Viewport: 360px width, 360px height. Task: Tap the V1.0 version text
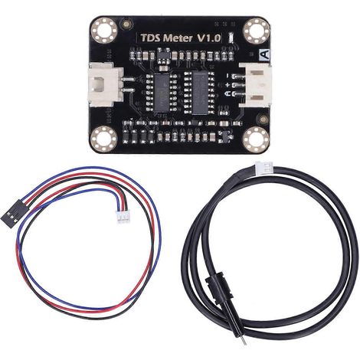[209, 38]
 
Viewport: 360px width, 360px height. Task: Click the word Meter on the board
[178, 38]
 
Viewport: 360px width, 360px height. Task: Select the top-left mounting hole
[104, 30]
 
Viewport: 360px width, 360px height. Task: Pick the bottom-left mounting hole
[104, 139]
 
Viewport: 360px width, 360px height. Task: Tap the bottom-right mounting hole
[255, 139]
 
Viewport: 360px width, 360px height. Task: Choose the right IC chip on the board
[200, 93]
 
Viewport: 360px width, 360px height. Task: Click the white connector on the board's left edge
[106, 85]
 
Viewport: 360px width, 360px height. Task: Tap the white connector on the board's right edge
[255, 85]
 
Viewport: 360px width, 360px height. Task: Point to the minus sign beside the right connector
[227, 76]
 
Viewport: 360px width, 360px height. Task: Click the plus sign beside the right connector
[227, 85]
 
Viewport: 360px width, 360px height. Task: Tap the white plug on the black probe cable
[263, 167]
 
